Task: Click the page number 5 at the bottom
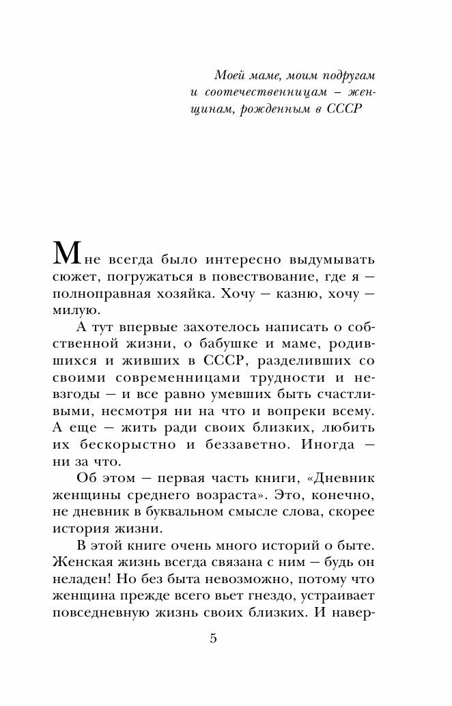(213, 639)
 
